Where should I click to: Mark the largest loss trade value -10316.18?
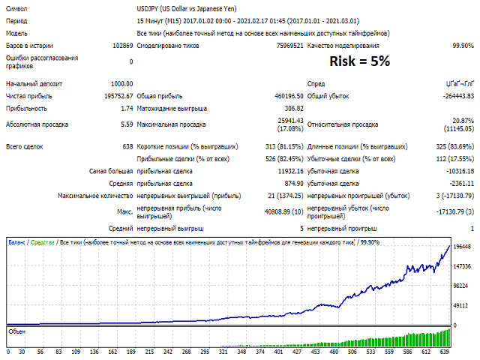[x=456, y=171]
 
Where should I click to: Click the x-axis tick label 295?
[x=224, y=351]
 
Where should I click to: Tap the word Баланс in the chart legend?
[x=16, y=242]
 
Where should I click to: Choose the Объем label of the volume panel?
[x=16, y=330]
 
